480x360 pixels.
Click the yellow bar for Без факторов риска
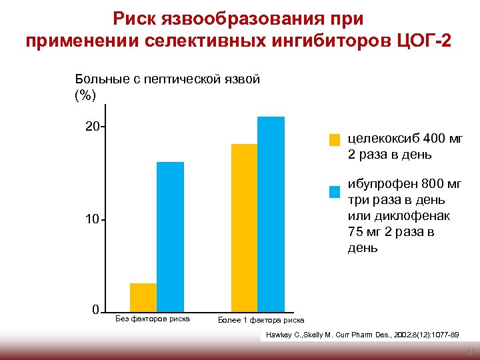coord(143,297)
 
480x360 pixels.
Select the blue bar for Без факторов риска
coord(170,237)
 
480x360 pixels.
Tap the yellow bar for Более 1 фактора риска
coord(244,227)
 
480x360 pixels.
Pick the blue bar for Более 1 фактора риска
coord(271,214)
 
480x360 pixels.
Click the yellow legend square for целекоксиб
coord(335,140)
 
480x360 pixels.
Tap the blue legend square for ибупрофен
coord(335,192)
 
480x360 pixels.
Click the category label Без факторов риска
coord(153,319)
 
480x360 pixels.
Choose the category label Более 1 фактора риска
coord(261,320)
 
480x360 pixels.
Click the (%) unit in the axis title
coord(85,95)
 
